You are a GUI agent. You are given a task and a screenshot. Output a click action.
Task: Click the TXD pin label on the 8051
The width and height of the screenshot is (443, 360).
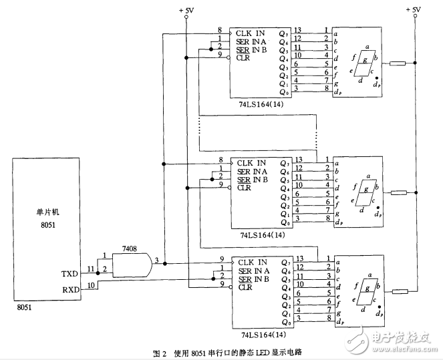(69, 274)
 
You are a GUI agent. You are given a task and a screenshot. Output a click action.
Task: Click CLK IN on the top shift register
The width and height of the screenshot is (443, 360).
(251, 32)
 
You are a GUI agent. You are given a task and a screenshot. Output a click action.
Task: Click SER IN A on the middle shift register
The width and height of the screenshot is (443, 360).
(252, 170)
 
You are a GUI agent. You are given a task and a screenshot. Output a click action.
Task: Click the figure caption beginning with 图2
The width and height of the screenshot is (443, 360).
(221, 352)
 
